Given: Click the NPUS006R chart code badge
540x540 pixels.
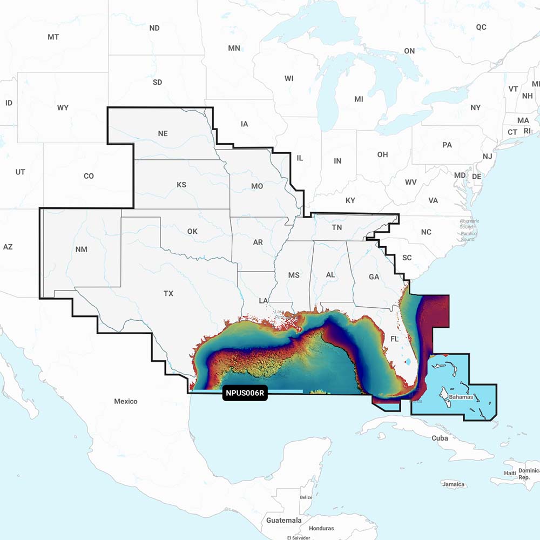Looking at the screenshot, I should click(245, 393).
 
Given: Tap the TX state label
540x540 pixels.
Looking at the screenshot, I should click(168, 293).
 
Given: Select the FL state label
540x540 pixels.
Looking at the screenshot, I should click(394, 340).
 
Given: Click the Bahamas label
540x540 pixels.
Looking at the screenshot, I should click(461, 397).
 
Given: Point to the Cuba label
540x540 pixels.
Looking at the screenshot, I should click(440, 438).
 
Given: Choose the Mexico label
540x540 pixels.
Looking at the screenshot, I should click(125, 401).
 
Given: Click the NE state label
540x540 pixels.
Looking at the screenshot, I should click(163, 133).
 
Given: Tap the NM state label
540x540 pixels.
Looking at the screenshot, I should click(82, 249).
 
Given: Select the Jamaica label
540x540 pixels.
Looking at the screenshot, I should click(453, 484).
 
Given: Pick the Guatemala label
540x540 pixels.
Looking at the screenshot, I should click(284, 520).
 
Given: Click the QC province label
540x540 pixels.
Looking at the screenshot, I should click(481, 27).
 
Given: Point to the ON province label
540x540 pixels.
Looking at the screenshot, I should click(409, 51).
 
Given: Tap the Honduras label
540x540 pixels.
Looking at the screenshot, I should click(321, 528).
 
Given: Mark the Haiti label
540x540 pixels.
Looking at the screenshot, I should click(510, 473).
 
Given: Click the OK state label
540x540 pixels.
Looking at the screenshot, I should click(192, 231).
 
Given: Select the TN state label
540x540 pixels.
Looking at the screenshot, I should click(336, 227).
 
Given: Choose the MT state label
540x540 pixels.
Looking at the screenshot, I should click(53, 37).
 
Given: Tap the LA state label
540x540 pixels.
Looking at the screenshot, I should click(264, 300).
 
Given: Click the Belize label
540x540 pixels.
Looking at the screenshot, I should click(306, 497).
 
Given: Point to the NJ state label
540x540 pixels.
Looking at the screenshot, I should click(487, 157).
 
